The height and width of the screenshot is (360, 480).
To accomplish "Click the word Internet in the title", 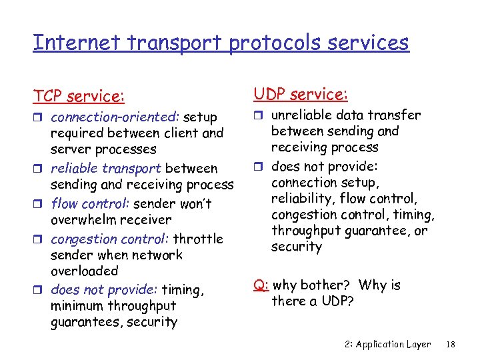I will tap(65, 43).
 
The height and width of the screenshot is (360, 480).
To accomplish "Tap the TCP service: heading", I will tap(79, 97).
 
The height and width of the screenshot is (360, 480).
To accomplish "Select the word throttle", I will tap(198, 239).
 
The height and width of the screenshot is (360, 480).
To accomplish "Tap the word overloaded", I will tap(84, 271).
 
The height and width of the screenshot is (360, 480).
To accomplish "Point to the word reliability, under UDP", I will tap(303, 199).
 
